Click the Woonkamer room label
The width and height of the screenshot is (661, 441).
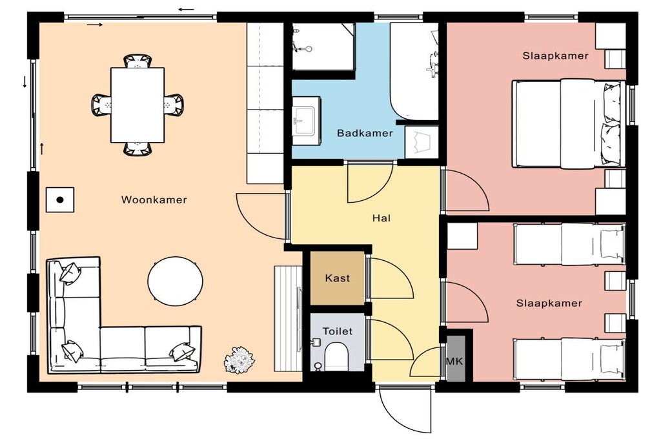pyautogui.click(x=154, y=200)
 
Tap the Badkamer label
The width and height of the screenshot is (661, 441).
pyautogui.click(x=365, y=133)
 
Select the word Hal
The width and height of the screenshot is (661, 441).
pyautogui.click(x=381, y=218)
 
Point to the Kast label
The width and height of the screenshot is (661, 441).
pyautogui.click(x=337, y=278)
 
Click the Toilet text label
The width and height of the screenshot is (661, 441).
pyautogui.click(x=337, y=331)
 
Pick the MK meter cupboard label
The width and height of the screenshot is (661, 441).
pyautogui.click(x=454, y=362)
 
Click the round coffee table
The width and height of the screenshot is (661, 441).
pyautogui.click(x=176, y=280)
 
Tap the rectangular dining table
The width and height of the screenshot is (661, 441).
pyautogui.click(x=137, y=105)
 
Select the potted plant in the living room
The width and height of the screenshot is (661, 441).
pyautogui.click(x=239, y=360)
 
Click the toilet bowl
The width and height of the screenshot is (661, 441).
pyautogui.click(x=336, y=356)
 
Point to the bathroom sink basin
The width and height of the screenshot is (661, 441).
pyautogui.click(x=305, y=121)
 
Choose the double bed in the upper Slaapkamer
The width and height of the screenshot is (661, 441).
pyautogui.click(x=569, y=123)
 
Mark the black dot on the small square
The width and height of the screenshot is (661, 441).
pyautogui.click(x=60, y=200)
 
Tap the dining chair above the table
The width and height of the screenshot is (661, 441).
pyautogui.click(x=137, y=60)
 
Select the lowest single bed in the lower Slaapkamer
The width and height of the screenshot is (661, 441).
pyautogui.click(x=569, y=359)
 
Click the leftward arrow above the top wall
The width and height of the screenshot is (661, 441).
pyautogui.click(x=186, y=9)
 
